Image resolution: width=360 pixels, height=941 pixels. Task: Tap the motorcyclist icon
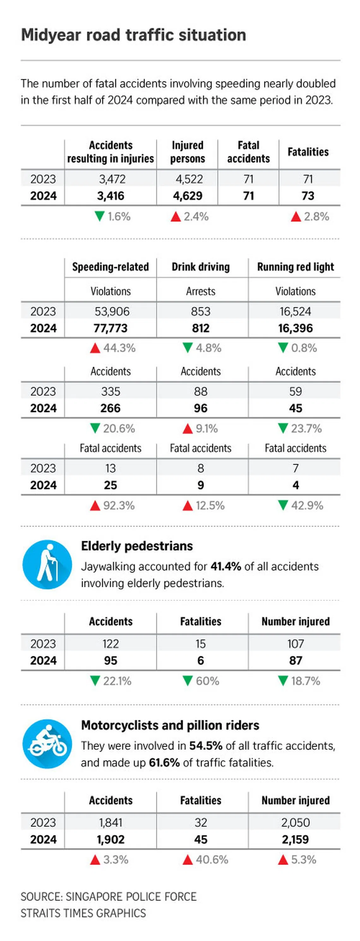point(47,743)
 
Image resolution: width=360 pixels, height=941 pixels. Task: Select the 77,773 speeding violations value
point(111,328)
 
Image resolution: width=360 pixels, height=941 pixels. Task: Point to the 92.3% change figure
point(119,506)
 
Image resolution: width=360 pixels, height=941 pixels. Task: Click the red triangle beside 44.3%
point(95,348)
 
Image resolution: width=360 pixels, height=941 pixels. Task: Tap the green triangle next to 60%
point(188,681)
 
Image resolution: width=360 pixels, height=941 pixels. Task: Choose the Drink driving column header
point(201,267)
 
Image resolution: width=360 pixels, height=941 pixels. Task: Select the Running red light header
point(295,267)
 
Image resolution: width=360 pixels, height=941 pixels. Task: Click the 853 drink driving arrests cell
point(201,311)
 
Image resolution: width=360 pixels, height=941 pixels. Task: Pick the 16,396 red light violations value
point(295,328)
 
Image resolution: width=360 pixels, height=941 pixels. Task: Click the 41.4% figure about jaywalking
point(225,566)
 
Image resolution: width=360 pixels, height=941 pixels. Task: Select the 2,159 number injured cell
point(295,839)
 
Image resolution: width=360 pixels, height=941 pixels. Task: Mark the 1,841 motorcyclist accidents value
point(111,823)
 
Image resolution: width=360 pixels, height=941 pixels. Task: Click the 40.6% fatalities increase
point(212,860)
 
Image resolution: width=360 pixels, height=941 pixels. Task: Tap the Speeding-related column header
point(111,267)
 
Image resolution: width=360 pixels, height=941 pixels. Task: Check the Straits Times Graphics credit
point(83,913)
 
